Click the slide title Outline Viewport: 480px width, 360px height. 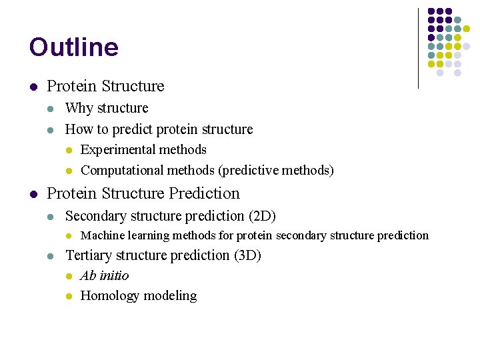click(x=73, y=47)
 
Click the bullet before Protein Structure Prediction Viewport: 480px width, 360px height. click(x=33, y=194)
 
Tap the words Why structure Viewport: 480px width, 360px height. click(x=107, y=108)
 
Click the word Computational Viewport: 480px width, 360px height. click(x=122, y=171)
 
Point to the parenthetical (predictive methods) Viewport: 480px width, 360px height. click(x=275, y=171)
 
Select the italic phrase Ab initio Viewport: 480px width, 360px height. click(x=104, y=276)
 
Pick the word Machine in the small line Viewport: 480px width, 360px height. click(x=101, y=235)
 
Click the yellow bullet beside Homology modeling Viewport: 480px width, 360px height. click(x=68, y=296)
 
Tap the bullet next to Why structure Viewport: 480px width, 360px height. click(x=51, y=109)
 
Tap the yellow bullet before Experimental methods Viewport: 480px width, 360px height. click(x=68, y=151)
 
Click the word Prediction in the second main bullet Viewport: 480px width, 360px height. click(x=203, y=193)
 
